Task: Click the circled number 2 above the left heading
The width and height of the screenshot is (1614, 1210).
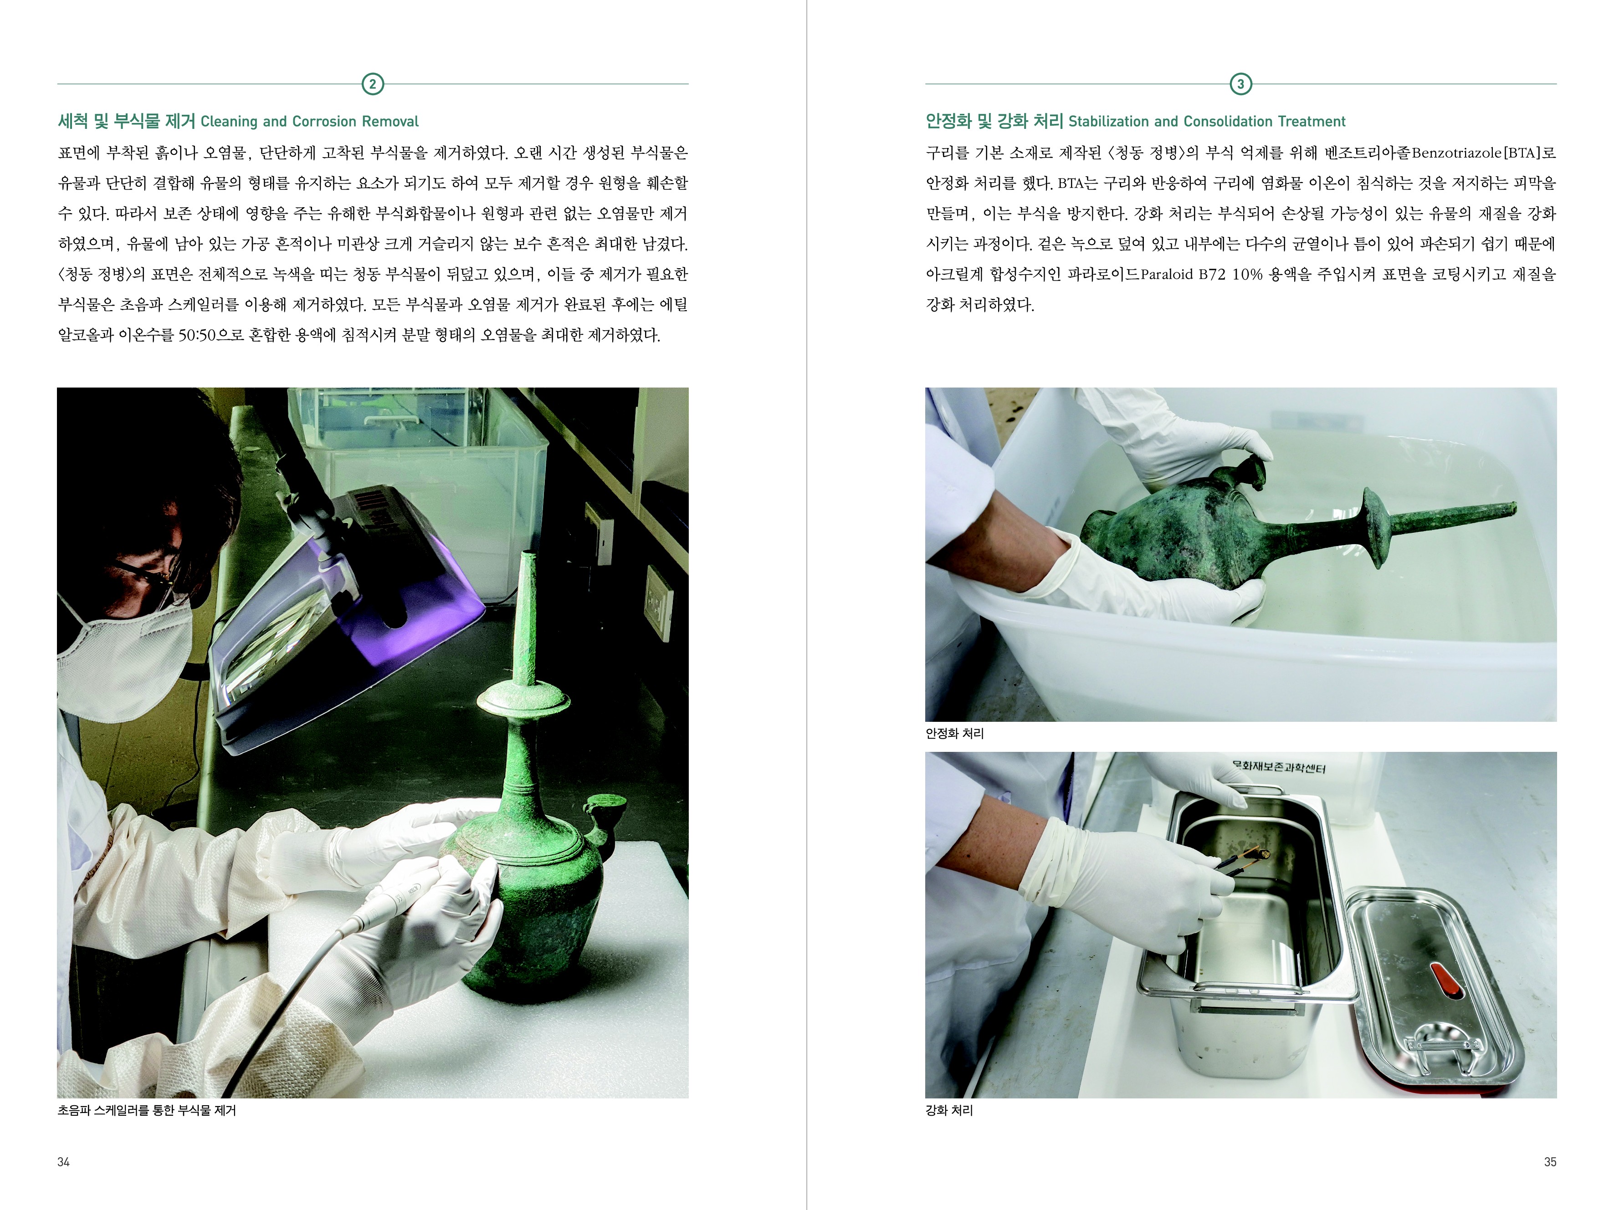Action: [x=373, y=84]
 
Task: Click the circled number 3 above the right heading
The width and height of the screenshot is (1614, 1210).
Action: [x=1240, y=84]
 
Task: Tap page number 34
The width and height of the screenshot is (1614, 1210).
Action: [x=63, y=1162]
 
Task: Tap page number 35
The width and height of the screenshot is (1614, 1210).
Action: [x=1550, y=1162]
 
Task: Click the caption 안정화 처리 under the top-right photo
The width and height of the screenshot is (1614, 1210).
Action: [x=954, y=734]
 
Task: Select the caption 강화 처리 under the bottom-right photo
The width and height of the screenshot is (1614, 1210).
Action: [x=949, y=1111]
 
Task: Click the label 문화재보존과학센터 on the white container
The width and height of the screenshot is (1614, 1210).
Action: [x=1278, y=766]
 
